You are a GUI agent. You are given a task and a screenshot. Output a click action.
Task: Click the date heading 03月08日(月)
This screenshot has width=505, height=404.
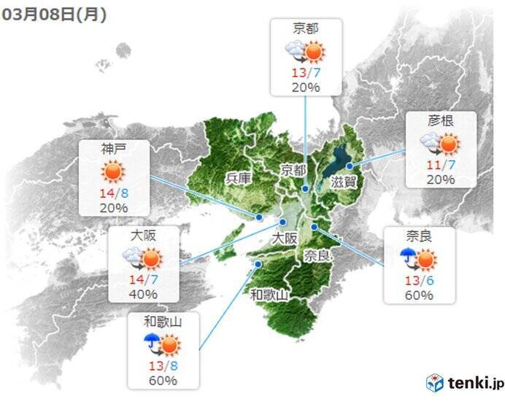(55, 15)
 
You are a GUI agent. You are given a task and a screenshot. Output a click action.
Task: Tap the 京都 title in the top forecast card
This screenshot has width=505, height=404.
(305, 29)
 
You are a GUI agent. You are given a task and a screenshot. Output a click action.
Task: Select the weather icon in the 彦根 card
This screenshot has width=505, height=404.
(440, 143)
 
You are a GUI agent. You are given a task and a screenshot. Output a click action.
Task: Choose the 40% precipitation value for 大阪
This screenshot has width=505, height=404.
(143, 295)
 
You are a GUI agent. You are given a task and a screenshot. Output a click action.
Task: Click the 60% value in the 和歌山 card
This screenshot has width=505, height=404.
(162, 380)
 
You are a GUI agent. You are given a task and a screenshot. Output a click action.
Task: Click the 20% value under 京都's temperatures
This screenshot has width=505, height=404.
(305, 87)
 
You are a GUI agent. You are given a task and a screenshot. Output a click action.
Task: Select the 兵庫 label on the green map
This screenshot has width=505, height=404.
(238, 178)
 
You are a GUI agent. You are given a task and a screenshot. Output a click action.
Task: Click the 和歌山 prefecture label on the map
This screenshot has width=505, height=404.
(270, 295)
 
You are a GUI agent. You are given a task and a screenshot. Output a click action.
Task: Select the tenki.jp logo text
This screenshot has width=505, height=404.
(474, 382)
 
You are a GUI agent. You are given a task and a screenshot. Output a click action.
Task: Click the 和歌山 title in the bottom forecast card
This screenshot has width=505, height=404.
(162, 321)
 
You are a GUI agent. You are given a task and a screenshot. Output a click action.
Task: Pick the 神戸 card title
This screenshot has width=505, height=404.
(114, 149)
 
